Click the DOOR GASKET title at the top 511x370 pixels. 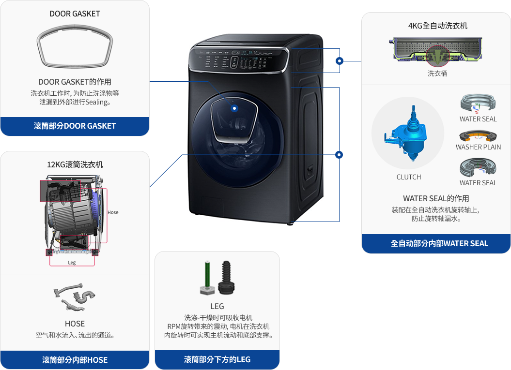75,14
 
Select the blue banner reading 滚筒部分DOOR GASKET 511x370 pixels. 75,126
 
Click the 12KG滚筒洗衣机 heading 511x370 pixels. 75,164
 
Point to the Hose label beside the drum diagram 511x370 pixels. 113,212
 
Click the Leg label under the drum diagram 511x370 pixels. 72,263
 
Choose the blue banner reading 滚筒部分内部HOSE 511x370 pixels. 75,360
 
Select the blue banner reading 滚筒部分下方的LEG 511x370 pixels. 217,359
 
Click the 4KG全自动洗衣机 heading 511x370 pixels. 437,26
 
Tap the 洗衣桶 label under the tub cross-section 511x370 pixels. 437,74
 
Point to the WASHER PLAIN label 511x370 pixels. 478,147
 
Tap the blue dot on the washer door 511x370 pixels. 234,108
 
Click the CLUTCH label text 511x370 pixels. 409,177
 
